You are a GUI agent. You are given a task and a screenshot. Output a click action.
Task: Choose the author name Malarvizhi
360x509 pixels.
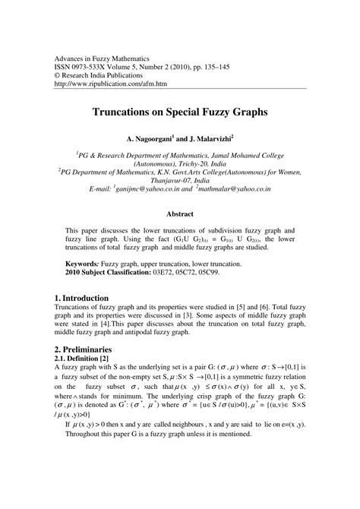225,141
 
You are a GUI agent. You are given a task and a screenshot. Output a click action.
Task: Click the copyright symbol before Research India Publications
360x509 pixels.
58,76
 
